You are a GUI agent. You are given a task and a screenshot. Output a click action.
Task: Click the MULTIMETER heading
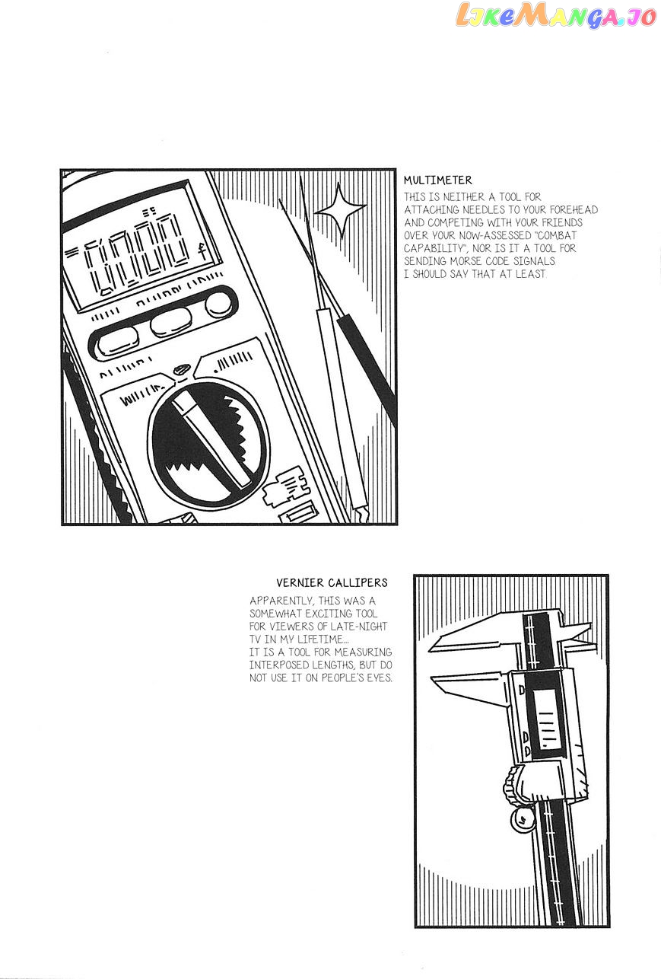pos(437,180)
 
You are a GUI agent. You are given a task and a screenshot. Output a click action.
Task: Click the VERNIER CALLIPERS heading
pos(332,582)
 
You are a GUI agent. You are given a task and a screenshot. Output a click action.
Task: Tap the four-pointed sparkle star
pos(340,210)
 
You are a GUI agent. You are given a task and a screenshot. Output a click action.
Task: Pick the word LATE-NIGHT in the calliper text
pos(358,627)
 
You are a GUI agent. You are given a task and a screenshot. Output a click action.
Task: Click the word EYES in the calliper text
pos(380,678)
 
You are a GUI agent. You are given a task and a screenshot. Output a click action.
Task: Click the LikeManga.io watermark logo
pos(556,15)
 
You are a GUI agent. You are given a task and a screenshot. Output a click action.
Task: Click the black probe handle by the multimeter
pos(367,371)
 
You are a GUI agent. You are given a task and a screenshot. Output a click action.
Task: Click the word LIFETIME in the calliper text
pos(323,639)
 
